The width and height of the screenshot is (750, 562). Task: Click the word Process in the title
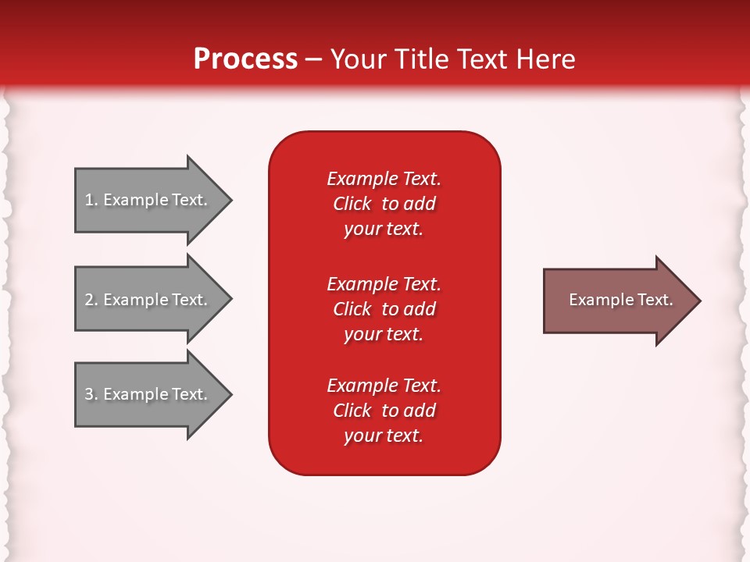tap(245, 59)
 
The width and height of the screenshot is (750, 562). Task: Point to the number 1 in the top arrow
tap(90, 200)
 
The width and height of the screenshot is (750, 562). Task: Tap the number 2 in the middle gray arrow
tap(90, 300)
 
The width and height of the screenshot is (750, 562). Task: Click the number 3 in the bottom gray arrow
tap(90, 394)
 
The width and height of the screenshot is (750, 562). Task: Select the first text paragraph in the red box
tap(384, 204)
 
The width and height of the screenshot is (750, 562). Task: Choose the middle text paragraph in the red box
tap(384, 309)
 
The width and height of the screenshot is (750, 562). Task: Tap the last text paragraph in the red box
tap(384, 411)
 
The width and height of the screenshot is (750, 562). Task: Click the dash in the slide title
tap(313, 59)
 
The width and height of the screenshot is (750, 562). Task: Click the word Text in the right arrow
tap(655, 300)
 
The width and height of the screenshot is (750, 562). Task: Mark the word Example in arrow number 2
tap(135, 300)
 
